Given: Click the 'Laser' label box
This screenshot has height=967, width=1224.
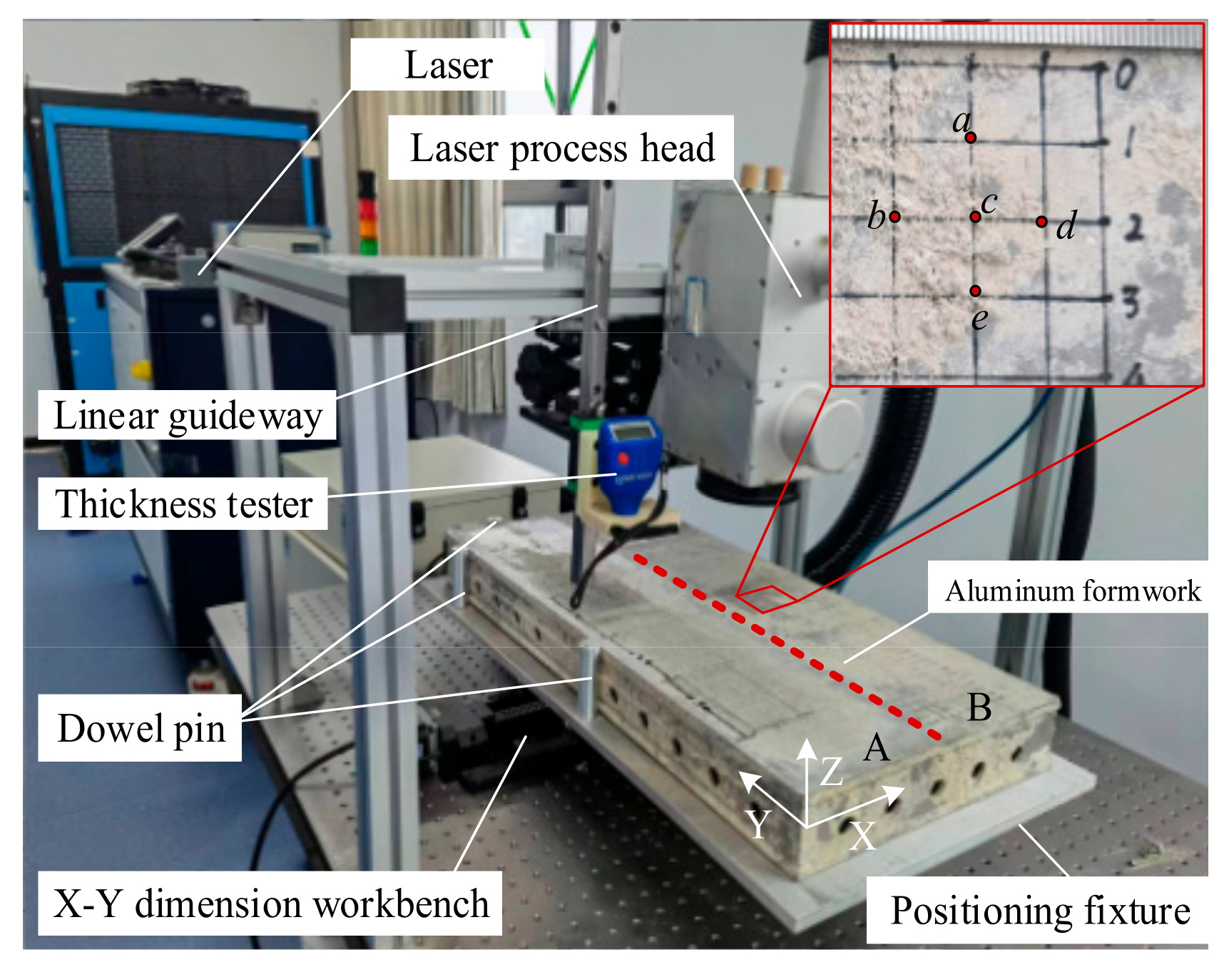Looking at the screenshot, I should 448,65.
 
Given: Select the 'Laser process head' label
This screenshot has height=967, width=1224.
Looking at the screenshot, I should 561,148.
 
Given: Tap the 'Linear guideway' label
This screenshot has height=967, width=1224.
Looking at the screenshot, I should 188,416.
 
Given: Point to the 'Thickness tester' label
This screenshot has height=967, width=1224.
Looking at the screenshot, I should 183,504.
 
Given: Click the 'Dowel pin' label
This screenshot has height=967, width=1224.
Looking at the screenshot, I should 141,729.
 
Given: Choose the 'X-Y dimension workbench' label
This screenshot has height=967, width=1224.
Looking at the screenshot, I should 270,904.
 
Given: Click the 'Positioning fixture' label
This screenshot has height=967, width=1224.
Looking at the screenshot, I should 1040,911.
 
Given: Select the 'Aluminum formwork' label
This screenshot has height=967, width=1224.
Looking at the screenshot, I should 1072,591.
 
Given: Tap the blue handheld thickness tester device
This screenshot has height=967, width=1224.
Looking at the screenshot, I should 628,464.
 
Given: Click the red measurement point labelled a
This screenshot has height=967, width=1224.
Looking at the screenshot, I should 971,138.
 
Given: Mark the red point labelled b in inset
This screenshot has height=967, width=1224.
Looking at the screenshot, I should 894,216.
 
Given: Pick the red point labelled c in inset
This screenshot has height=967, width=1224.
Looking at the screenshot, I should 975,216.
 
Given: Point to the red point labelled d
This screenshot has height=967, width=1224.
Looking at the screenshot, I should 1041,222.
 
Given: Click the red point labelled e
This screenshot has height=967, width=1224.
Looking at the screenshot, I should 975,290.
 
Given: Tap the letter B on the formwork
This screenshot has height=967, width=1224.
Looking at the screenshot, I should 979,708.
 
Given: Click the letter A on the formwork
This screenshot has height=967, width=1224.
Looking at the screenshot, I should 877,748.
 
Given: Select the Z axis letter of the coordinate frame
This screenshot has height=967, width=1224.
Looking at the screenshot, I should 832,772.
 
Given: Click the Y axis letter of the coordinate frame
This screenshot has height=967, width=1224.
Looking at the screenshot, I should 758,824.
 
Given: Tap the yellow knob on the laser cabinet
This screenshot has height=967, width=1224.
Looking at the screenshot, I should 141,370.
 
